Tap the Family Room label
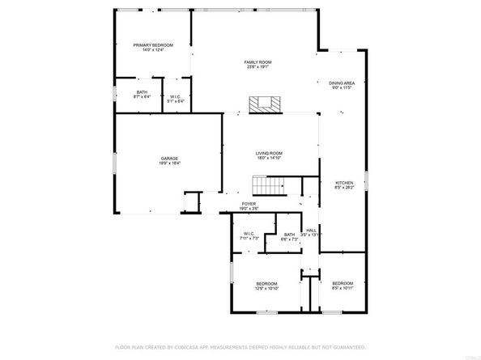click(258, 62)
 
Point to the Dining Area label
click(342, 83)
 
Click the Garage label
click(169, 158)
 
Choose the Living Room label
click(269, 153)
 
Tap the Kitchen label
click(345, 183)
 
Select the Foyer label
click(250, 204)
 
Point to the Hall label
click(311, 230)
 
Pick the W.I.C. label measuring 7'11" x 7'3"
click(249, 234)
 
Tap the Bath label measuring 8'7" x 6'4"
click(143, 92)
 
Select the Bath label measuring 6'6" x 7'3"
click(289, 235)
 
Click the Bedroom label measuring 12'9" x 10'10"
click(267, 283)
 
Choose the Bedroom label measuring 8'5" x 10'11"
click(343, 283)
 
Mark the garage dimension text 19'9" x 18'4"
click(169, 163)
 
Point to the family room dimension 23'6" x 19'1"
click(258, 67)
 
